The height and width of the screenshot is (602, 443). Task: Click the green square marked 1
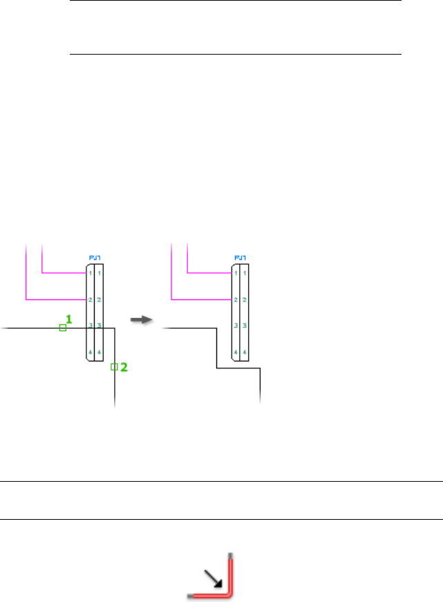(62, 328)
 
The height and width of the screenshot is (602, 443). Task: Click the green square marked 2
(114, 367)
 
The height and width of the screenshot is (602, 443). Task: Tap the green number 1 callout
(68, 319)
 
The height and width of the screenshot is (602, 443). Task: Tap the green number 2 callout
(124, 368)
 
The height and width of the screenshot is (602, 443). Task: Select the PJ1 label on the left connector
(95, 258)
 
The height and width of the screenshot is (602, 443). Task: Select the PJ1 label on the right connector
(241, 258)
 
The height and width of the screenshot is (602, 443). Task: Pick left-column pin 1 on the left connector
(91, 273)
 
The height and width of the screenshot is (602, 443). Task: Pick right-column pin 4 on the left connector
(100, 352)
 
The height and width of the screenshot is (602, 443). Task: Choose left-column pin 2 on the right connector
(236, 300)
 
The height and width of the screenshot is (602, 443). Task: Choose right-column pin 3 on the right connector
(245, 325)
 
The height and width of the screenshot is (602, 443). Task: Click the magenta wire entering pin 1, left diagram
(62, 272)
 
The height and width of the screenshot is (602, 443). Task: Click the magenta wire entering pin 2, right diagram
(200, 299)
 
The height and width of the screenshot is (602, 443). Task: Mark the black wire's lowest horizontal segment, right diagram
(238, 369)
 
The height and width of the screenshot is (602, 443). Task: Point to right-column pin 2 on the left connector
(100, 300)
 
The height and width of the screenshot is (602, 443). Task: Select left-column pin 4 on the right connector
(236, 352)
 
